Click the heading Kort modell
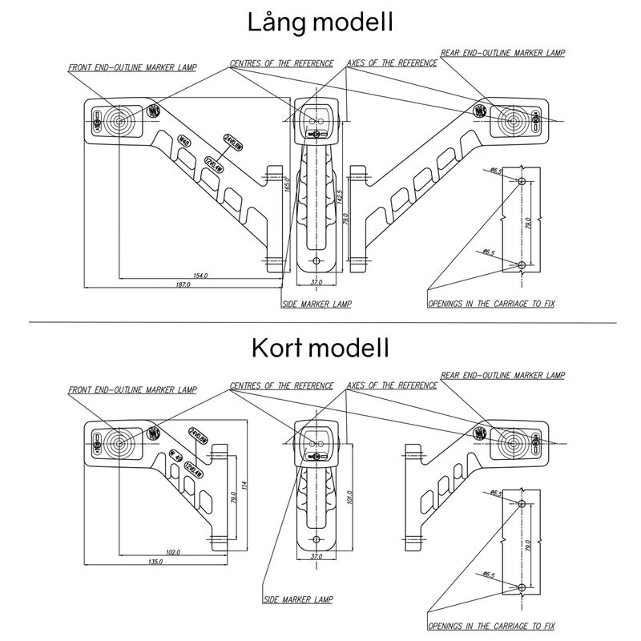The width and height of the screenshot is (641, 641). click(x=320, y=349)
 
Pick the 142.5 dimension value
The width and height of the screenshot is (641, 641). click(x=340, y=197)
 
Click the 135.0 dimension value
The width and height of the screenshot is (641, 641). click(x=155, y=562)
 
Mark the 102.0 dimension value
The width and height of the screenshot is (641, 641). click(x=171, y=553)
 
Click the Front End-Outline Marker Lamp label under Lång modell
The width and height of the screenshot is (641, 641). click(x=132, y=68)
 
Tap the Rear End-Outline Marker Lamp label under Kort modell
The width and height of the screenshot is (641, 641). click(x=502, y=375)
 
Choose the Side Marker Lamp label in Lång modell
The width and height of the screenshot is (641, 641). click(x=316, y=304)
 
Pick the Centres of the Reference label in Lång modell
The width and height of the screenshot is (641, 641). click(x=281, y=62)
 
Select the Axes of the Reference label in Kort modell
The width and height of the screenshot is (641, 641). click(x=392, y=385)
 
